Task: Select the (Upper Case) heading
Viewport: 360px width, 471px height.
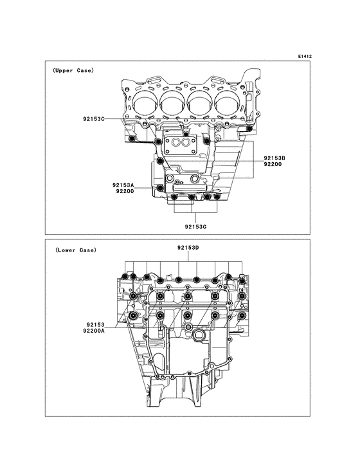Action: coord(73,70)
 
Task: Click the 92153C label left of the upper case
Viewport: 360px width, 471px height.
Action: coord(96,120)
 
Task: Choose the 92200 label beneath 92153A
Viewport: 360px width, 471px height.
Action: coord(125,192)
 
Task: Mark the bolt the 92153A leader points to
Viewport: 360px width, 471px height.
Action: coord(160,187)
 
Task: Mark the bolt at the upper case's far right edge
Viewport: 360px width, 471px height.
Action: coord(248,129)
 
